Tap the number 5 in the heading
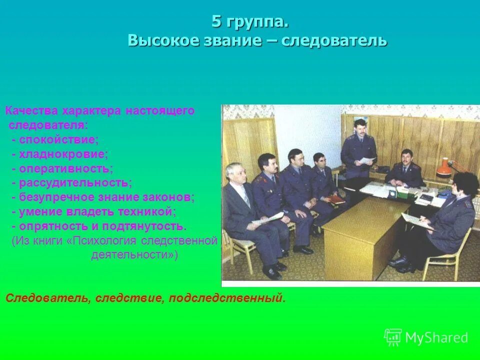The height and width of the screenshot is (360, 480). coord(216,22)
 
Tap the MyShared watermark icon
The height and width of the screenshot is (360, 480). coord(393,337)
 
